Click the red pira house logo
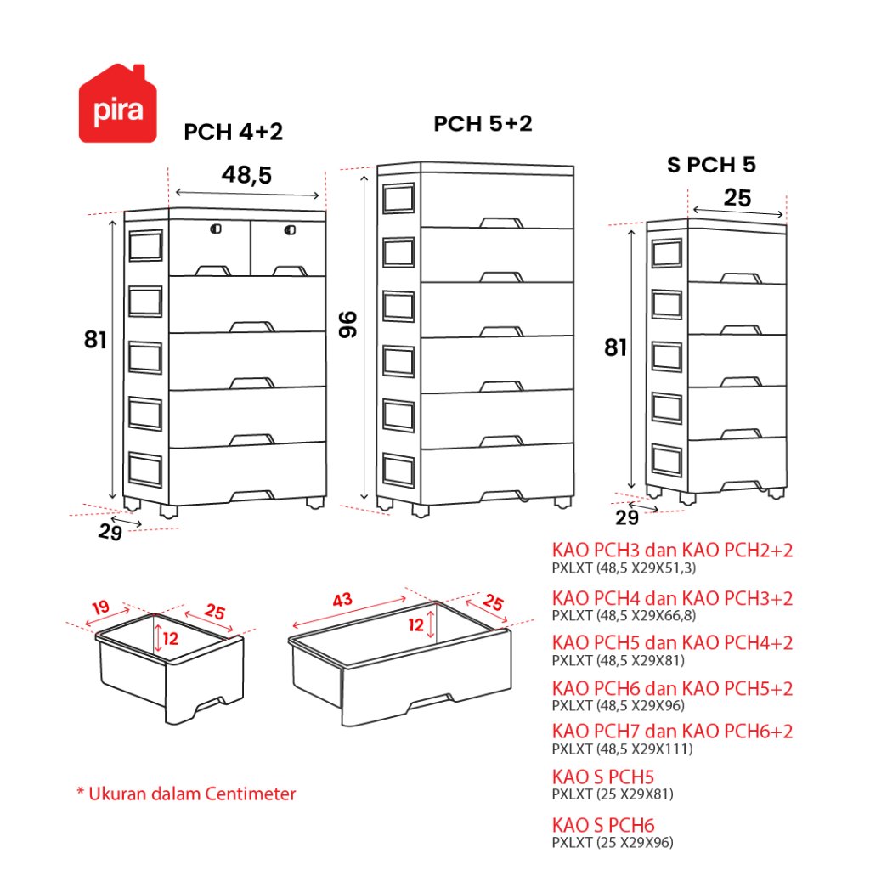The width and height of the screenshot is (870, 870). (117, 104)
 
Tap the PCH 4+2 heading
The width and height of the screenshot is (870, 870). (233, 132)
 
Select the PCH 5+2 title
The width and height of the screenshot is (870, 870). (483, 124)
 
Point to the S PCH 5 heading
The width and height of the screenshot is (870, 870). (711, 165)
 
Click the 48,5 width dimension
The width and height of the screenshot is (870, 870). (247, 175)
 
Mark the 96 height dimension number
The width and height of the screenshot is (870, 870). (347, 325)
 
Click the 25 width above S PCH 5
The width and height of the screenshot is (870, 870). (737, 198)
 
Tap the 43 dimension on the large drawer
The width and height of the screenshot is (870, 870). (342, 600)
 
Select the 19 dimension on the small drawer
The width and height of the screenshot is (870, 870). (100, 607)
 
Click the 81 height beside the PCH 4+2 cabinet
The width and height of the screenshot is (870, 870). (95, 340)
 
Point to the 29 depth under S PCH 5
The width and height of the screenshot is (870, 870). (627, 517)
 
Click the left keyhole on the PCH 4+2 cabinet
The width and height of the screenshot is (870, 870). (216, 229)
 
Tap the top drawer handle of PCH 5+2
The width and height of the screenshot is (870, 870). (501, 223)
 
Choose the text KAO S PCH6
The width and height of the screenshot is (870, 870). (603, 825)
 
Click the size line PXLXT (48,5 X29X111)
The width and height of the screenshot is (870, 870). (622, 749)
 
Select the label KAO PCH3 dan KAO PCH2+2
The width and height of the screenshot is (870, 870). (673, 551)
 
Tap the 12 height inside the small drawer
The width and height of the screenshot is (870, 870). (170, 639)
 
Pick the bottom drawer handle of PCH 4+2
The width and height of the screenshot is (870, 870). (251, 495)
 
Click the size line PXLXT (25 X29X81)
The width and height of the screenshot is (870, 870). (613, 794)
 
